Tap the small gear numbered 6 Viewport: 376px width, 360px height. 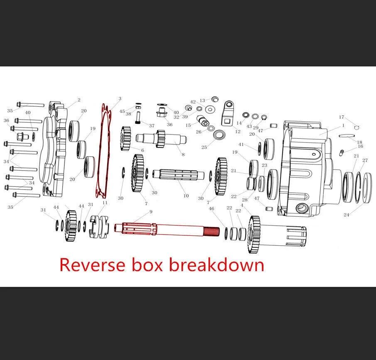(x=125, y=138)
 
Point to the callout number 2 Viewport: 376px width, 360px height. (x=79, y=100)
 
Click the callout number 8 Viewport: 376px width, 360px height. (x=183, y=154)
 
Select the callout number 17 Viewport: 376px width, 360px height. (x=342, y=117)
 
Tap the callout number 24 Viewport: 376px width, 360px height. (x=346, y=215)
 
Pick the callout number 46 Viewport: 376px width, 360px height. (x=211, y=208)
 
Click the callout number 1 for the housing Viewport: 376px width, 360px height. (x=343, y=125)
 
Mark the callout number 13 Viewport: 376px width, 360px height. (x=202, y=101)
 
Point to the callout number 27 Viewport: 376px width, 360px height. (x=365, y=160)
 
